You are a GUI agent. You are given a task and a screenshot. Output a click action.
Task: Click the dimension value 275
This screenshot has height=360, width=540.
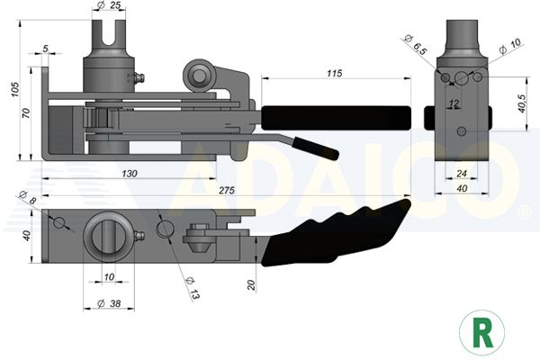(227, 190)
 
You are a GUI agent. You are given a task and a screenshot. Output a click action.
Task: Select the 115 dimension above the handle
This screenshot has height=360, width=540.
(335, 73)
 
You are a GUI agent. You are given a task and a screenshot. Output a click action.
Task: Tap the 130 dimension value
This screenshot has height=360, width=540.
(130, 174)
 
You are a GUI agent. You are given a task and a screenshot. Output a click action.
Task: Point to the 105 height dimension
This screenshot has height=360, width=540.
(14, 89)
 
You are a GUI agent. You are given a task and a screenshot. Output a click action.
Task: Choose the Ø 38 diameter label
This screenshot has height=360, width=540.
(109, 303)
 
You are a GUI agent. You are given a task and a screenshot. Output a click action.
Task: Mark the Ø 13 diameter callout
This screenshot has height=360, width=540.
(193, 288)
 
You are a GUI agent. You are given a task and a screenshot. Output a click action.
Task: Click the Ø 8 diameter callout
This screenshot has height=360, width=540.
(28, 197)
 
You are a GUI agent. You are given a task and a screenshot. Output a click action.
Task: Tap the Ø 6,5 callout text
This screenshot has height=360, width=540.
(416, 45)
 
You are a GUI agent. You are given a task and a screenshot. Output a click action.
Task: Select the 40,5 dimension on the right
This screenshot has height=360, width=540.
(521, 103)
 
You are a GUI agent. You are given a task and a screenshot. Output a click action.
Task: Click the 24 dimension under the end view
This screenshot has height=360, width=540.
(462, 174)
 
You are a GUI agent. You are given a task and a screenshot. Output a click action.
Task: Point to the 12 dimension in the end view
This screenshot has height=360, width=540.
(454, 103)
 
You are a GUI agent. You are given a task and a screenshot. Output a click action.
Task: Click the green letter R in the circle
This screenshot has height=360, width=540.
(482, 333)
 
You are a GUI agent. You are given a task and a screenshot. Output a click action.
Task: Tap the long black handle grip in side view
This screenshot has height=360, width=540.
(336, 118)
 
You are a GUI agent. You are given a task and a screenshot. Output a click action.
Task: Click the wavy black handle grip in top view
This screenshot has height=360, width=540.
(336, 233)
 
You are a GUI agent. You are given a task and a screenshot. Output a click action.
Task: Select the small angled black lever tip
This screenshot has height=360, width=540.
(316, 148)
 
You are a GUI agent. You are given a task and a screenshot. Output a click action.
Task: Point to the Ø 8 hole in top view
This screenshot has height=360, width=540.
(58, 223)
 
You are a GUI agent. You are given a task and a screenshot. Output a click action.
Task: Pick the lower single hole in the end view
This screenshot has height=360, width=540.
(462, 131)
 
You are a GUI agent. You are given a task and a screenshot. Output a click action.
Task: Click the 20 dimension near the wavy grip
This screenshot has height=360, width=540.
(252, 285)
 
